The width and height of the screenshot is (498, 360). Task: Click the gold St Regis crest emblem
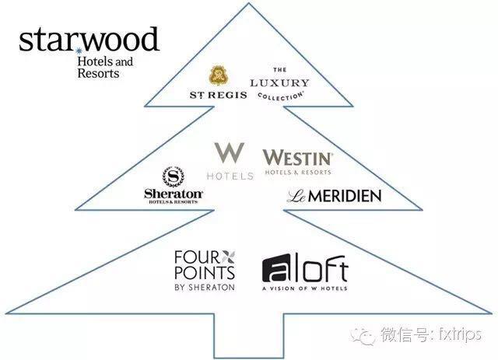click(219, 76)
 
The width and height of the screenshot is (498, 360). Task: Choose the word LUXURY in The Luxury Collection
click(279, 83)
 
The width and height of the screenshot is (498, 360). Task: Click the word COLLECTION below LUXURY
click(280, 95)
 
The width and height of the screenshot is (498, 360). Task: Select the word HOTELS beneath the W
click(229, 176)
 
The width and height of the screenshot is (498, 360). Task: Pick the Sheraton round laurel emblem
click(171, 177)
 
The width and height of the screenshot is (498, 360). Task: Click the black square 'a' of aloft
click(276, 268)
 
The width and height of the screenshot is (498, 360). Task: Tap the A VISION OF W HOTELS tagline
click(304, 289)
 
